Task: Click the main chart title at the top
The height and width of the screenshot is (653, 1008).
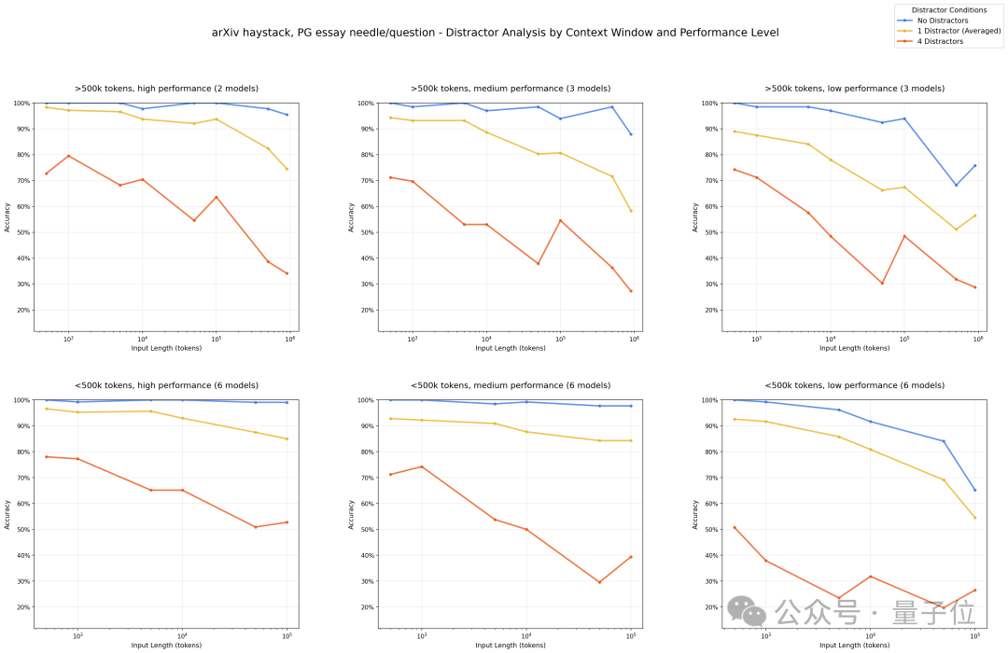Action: click(x=496, y=33)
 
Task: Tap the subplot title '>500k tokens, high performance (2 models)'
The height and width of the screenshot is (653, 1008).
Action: click(x=167, y=89)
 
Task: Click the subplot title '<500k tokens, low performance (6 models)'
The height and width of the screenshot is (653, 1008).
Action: click(x=854, y=385)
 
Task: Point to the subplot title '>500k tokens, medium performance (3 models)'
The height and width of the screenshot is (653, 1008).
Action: click(x=511, y=89)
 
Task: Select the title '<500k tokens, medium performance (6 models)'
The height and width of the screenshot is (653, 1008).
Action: click(x=511, y=385)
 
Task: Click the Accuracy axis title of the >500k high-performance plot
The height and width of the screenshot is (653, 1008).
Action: click(x=7, y=216)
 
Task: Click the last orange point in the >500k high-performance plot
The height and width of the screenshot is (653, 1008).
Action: click(x=287, y=273)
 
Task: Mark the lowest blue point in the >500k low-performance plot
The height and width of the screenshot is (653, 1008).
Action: click(x=956, y=185)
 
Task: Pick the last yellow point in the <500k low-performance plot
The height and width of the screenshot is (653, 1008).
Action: click(x=975, y=518)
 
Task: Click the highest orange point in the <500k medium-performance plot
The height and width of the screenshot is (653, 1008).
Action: click(x=422, y=466)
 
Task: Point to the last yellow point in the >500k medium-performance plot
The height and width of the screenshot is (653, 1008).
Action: click(x=631, y=211)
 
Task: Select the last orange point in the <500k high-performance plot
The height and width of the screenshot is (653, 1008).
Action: click(x=287, y=522)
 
